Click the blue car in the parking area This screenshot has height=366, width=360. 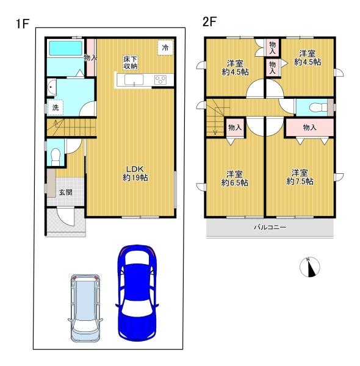(x=137, y=293)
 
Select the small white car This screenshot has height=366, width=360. (x=85, y=309)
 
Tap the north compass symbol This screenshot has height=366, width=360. (x=309, y=267)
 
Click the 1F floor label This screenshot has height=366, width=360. (x=23, y=24)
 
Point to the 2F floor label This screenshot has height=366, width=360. (x=209, y=22)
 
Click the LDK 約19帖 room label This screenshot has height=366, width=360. (x=135, y=173)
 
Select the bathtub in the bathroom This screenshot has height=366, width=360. (x=66, y=48)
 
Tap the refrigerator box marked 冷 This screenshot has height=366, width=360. (x=165, y=48)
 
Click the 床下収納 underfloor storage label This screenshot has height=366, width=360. (x=131, y=62)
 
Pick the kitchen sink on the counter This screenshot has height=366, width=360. (x=134, y=80)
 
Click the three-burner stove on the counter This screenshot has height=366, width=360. (x=160, y=80)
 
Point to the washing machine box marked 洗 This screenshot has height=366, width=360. (x=56, y=107)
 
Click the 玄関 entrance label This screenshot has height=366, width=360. (x=66, y=192)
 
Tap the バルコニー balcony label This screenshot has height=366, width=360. (x=270, y=227)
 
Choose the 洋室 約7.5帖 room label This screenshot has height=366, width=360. (x=300, y=177)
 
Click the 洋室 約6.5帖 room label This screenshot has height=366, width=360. (x=235, y=178)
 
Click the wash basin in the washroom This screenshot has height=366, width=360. (x=52, y=87)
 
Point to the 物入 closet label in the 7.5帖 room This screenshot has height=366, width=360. (x=309, y=127)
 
